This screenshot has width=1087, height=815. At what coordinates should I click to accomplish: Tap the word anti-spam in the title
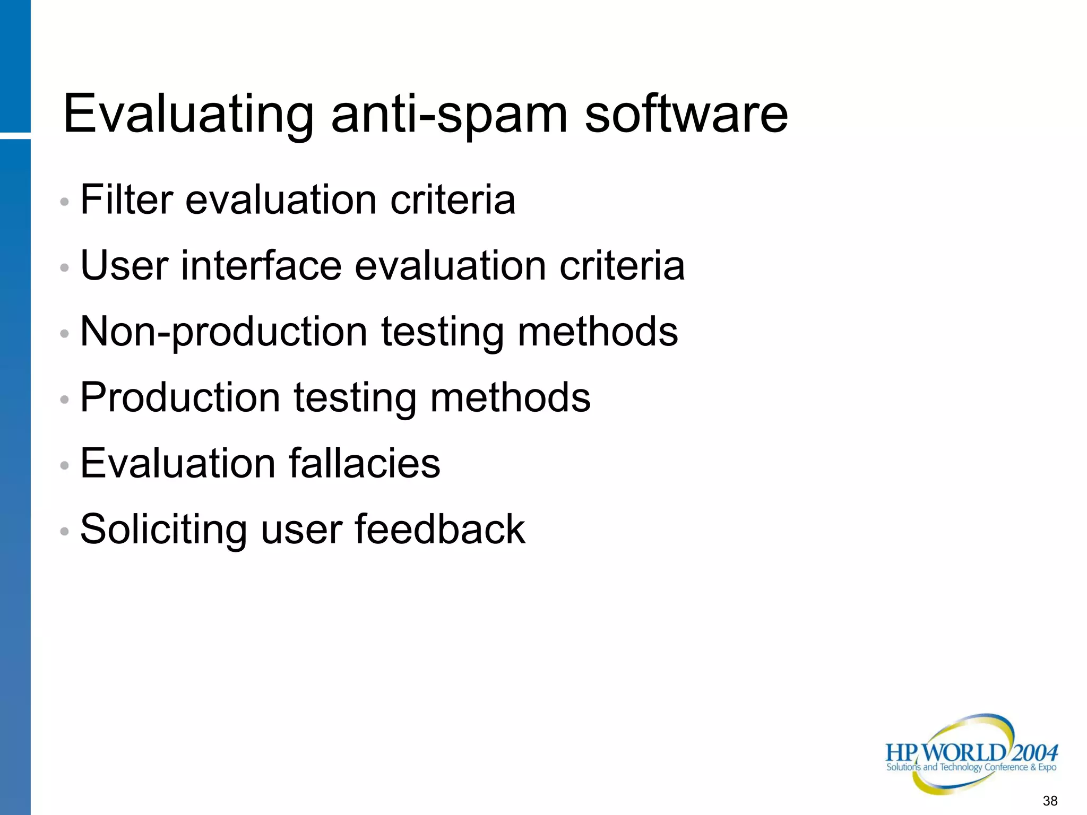point(449,114)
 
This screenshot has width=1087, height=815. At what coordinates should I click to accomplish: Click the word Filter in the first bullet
point(126,200)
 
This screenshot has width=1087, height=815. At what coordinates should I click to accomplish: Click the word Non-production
point(223,332)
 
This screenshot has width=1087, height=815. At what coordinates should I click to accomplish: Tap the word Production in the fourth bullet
point(180,397)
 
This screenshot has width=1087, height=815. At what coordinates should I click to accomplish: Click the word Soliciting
point(163,529)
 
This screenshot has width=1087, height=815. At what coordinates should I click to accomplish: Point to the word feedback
point(440,529)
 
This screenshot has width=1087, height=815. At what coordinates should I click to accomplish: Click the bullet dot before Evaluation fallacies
point(65,466)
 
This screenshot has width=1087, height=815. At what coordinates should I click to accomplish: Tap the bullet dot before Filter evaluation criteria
point(65,202)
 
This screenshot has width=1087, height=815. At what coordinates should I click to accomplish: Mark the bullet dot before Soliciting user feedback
point(65,531)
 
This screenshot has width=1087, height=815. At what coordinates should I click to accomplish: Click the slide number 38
point(1050,801)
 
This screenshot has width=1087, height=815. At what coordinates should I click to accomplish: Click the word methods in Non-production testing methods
point(598,332)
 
